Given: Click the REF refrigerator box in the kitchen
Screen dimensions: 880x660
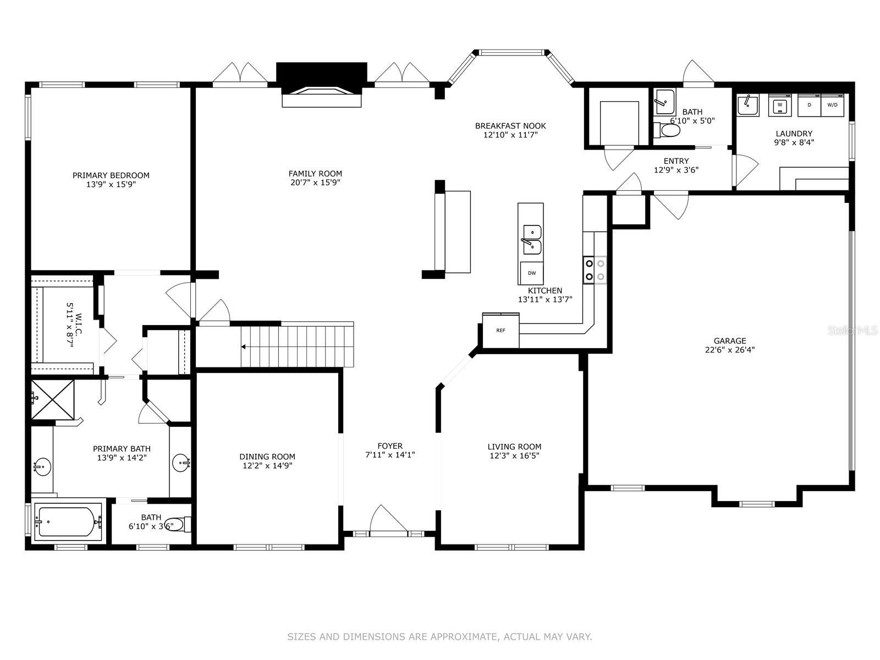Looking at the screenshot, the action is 501,330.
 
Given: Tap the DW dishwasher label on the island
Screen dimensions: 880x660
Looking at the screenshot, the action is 532,273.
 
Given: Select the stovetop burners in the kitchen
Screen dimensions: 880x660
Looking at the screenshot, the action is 595,270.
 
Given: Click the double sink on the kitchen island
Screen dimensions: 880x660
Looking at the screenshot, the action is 532,240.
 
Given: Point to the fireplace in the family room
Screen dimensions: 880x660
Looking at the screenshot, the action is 322,85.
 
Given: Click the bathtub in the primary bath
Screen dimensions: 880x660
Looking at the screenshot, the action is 69,521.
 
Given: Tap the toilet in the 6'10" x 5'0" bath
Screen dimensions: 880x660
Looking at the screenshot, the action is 667,130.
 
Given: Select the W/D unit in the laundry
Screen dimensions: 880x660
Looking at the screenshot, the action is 832,105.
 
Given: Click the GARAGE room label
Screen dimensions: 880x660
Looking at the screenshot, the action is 730,340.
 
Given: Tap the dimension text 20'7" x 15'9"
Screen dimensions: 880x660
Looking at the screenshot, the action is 315,183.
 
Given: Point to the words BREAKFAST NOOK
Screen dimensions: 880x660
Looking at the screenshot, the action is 510,126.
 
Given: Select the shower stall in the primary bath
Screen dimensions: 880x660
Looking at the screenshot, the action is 52,399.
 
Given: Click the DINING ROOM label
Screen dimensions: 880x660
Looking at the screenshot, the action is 267,457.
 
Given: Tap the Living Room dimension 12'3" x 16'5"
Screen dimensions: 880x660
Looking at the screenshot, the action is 514,455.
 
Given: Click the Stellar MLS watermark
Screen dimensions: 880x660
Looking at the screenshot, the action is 853,330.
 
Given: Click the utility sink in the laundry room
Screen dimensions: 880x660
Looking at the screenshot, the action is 747,105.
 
